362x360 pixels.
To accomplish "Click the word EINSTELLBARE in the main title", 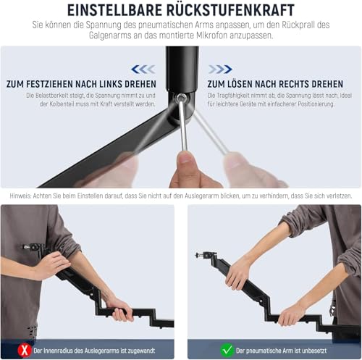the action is coord(114,10).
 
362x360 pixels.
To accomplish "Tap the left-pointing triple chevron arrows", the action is coord(143,70).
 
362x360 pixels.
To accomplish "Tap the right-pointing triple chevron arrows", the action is coord(220,70).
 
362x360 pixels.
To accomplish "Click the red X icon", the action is coord(24,350).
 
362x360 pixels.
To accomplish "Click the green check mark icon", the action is coord(227,350).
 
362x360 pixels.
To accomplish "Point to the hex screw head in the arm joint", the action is coord(181,98).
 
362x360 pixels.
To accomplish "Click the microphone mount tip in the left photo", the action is coord(25,247).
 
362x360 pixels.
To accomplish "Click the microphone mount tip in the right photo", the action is coord(197,254).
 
